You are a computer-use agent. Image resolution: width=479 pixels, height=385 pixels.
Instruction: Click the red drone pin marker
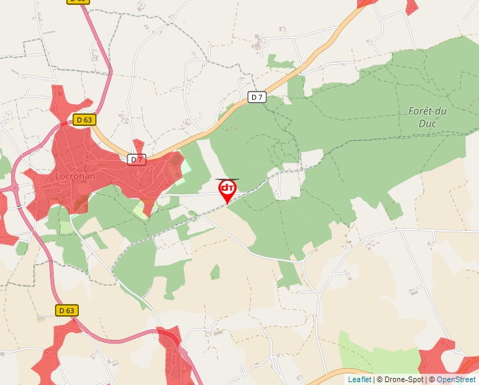[x=228, y=189]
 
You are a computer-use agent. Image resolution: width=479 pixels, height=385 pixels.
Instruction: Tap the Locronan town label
[x=75, y=174]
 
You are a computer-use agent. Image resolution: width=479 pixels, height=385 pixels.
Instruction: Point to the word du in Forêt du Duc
[x=441, y=111]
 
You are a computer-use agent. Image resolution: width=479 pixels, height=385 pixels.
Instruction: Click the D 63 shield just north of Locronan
[x=83, y=120]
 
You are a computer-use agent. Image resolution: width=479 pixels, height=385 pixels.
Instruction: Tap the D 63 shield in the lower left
[x=66, y=310]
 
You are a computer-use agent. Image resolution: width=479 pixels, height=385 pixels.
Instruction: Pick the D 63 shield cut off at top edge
[x=77, y=1]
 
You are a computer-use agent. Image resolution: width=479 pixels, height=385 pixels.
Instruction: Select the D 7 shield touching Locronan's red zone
[x=137, y=160]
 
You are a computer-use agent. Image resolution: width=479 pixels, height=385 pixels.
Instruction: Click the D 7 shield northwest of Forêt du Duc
[x=258, y=97]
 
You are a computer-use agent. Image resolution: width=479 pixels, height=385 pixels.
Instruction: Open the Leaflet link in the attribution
[x=359, y=379]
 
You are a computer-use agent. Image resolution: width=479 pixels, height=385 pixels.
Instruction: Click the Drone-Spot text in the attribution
[x=403, y=379]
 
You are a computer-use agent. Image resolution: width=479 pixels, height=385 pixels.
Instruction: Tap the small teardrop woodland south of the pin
[x=215, y=271]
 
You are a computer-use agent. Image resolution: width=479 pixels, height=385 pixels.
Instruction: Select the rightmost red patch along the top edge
[x=411, y=6]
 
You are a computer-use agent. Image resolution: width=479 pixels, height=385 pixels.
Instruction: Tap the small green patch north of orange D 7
[x=280, y=63]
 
